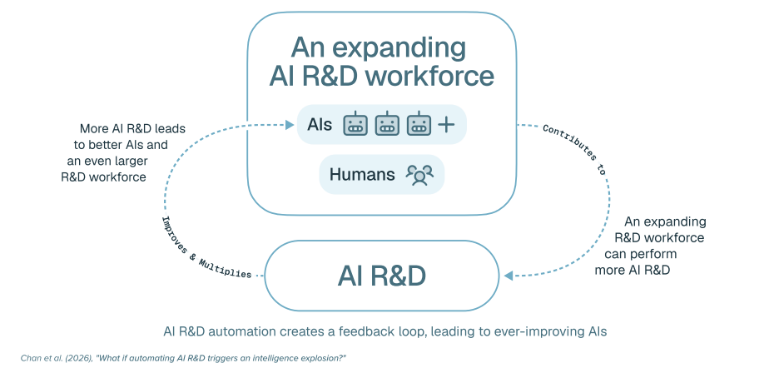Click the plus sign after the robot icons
[446, 125]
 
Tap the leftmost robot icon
[355, 124]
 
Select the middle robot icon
[387, 124]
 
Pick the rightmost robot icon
[419, 124]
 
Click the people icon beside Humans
[419, 175]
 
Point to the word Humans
[362, 174]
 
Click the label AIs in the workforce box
[320, 125]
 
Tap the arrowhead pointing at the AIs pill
[290, 125]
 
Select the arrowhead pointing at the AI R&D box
[508, 276]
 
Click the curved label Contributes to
[574, 149]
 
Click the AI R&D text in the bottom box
[381, 276]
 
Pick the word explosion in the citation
[325, 358]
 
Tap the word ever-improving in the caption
[525, 332]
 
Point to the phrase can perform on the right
[641, 254]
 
